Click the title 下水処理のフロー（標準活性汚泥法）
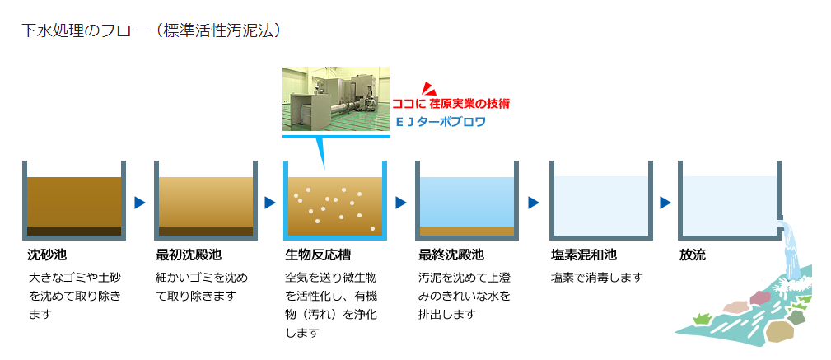[x=151, y=30]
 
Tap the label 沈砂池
[x=47, y=255]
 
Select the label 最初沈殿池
[x=188, y=255]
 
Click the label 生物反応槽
[x=318, y=255]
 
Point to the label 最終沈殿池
[x=451, y=255]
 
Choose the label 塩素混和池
[x=583, y=255]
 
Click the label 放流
[x=693, y=255]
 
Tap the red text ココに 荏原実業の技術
[x=451, y=104]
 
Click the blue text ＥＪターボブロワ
[x=441, y=122]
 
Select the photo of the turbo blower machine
[x=336, y=99]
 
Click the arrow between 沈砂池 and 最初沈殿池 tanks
[x=140, y=203]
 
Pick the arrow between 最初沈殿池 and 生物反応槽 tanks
[x=270, y=203]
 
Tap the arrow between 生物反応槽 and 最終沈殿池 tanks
[x=401, y=203]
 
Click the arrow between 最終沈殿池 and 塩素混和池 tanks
[x=534, y=203]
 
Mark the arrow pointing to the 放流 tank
[x=665, y=203]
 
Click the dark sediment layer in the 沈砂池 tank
[x=74, y=231]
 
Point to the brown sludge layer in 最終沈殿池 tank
[x=467, y=231]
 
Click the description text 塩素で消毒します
[x=597, y=278]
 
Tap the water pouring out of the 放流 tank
[x=791, y=249]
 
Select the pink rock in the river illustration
[x=759, y=297]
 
